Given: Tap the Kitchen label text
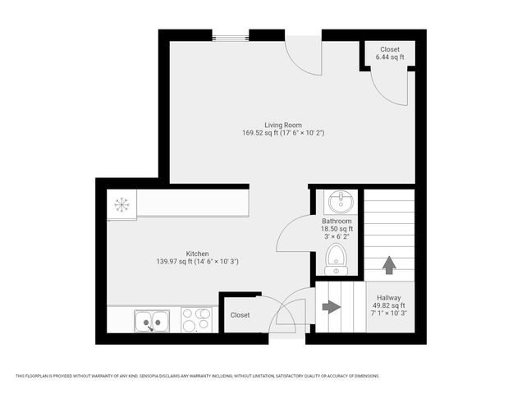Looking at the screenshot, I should (x=197, y=254).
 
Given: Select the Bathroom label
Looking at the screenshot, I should (x=337, y=222).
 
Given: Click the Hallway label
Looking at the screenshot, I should (x=389, y=298).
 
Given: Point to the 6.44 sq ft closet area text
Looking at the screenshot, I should (x=389, y=57).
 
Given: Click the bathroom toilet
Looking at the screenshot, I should (x=336, y=259).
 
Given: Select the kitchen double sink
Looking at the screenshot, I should (x=153, y=320).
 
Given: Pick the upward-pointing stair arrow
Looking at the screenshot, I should (x=389, y=265).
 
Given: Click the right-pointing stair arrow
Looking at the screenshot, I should (x=331, y=307).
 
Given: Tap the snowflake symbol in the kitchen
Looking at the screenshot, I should (x=122, y=204).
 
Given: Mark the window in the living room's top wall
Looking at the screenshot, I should (x=231, y=35).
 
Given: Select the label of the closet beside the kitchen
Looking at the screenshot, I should (x=240, y=315).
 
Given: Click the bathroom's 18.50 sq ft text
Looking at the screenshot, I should (x=337, y=229).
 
